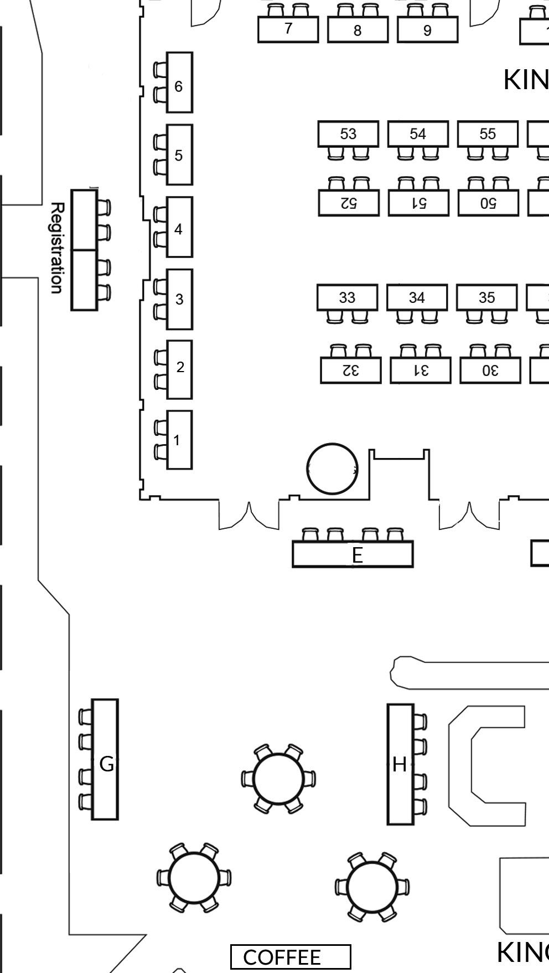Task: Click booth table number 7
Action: (288, 29)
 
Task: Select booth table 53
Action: (348, 134)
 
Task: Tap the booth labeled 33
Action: (347, 297)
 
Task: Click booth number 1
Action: (179, 440)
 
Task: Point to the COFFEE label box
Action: (291, 957)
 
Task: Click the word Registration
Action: (56, 248)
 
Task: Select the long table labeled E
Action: (353, 554)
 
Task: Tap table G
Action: (105, 759)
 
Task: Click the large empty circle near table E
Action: (332, 469)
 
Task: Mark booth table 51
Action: (418, 203)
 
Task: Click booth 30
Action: (490, 370)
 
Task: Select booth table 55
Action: (488, 134)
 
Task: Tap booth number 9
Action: (427, 30)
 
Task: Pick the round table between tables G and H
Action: (278, 779)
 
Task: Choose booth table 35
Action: (486, 297)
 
